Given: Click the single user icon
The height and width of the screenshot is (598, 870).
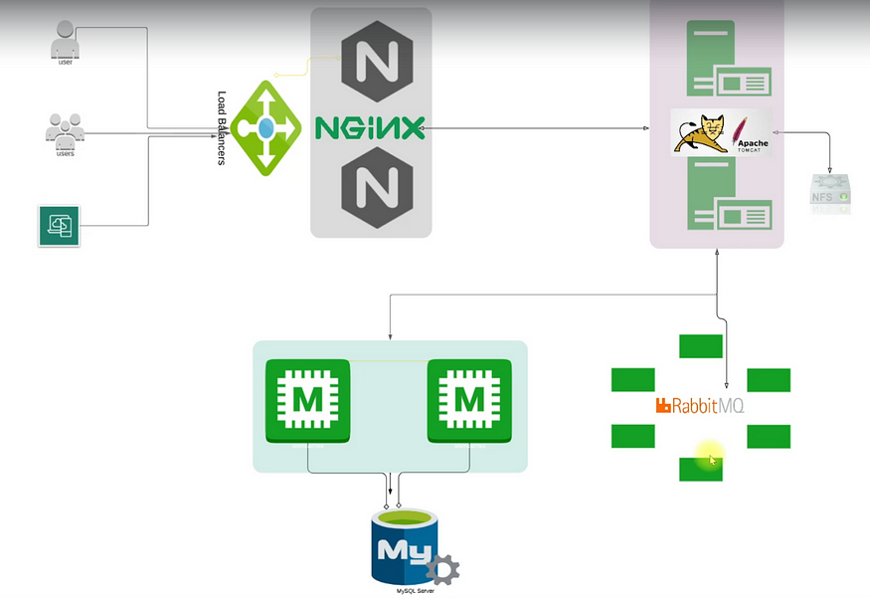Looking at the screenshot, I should pyautogui.click(x=65, y=42).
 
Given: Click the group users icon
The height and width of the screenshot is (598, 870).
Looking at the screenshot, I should pyautogui.click(x=65, y=129).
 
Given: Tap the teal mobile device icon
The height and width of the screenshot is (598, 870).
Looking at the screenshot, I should pyautogui.click(x=59, y=226).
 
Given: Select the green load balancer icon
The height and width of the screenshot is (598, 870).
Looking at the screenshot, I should pyautogui.click(x=265, y=128).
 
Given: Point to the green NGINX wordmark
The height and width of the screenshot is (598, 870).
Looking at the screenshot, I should pyautogui.click(x=370, y=127).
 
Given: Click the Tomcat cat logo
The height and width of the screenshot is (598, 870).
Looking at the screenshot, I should pyautogui.click(x=701, y=133).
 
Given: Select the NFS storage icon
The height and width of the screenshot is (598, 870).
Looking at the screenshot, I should pyautogui.click(x=829, y=193).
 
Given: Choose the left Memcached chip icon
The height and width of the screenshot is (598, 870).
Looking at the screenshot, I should pyautogui.click(x=308, y=401).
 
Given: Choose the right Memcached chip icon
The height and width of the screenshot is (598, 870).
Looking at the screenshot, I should pyautogui.click(x=469, y=401).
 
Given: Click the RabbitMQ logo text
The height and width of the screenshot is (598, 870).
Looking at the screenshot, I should pyautogui.click(x=700, y=406).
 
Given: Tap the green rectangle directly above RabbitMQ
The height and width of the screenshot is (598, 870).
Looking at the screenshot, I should pyautogui.click(x=700, y=346).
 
